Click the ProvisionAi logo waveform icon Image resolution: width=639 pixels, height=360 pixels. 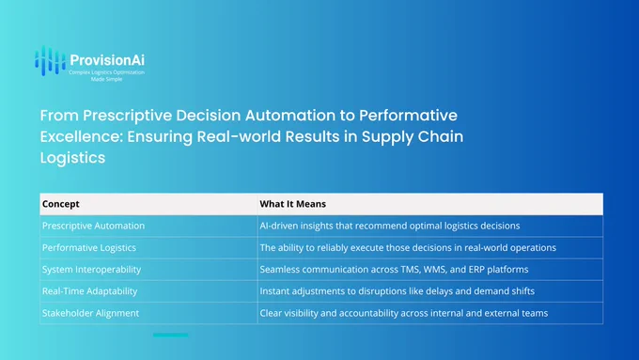50,61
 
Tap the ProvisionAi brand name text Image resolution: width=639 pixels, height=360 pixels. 107,60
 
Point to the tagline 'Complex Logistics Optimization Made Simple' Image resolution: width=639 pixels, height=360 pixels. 106,76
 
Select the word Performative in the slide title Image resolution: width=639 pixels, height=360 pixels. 408,116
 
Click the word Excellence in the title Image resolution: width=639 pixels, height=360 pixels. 82,136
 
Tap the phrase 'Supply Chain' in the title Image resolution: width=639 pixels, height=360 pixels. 413,137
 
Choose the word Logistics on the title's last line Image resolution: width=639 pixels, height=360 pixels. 72,158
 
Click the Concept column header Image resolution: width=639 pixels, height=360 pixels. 61,204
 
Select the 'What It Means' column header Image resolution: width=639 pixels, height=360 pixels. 292,204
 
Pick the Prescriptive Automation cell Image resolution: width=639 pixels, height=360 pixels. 93,226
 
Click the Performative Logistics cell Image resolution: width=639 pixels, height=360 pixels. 89,247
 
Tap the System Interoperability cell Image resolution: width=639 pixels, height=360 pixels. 91,270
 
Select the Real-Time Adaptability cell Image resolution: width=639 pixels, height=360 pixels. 89,291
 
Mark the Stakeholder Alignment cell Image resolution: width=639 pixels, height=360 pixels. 90,313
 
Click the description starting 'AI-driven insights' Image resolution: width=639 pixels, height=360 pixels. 390,226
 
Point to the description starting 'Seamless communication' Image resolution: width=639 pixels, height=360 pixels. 394,270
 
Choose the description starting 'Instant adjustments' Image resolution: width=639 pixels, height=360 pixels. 397,291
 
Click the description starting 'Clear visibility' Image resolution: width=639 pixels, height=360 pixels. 403,313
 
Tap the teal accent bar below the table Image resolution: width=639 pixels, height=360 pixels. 171,336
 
